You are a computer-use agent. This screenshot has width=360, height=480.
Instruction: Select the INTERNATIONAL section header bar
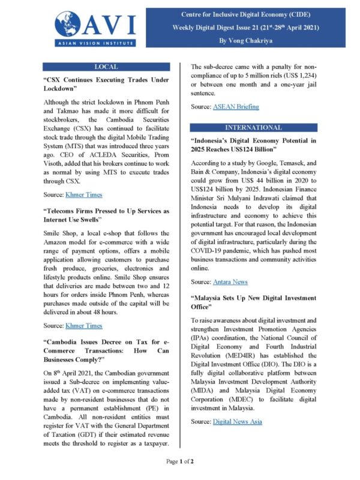click(253, 128)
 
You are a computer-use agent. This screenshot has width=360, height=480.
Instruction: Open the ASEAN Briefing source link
click(236, 106)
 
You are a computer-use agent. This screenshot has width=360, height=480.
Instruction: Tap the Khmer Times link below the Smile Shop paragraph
click(83, 325)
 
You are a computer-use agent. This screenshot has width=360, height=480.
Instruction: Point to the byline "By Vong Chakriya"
click(252, 40)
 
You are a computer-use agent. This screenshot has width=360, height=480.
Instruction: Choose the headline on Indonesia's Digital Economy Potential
click(253, 145)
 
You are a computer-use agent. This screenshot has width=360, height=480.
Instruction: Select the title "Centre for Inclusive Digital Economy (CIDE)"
click(252, 13)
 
